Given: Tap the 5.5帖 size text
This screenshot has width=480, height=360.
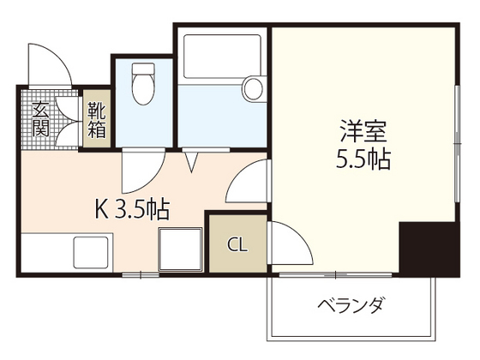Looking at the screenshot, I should coord(364,159).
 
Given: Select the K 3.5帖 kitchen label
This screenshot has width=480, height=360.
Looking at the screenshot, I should coord(130,208).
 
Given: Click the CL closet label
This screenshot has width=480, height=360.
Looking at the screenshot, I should coord(237,244).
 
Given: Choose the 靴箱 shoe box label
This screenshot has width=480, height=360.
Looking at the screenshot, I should coord(95,121).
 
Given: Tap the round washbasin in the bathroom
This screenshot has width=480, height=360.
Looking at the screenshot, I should coord(253,88).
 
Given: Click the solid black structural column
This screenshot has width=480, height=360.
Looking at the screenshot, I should coord(429,249).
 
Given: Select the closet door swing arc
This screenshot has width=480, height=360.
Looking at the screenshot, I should coord(291,244).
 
